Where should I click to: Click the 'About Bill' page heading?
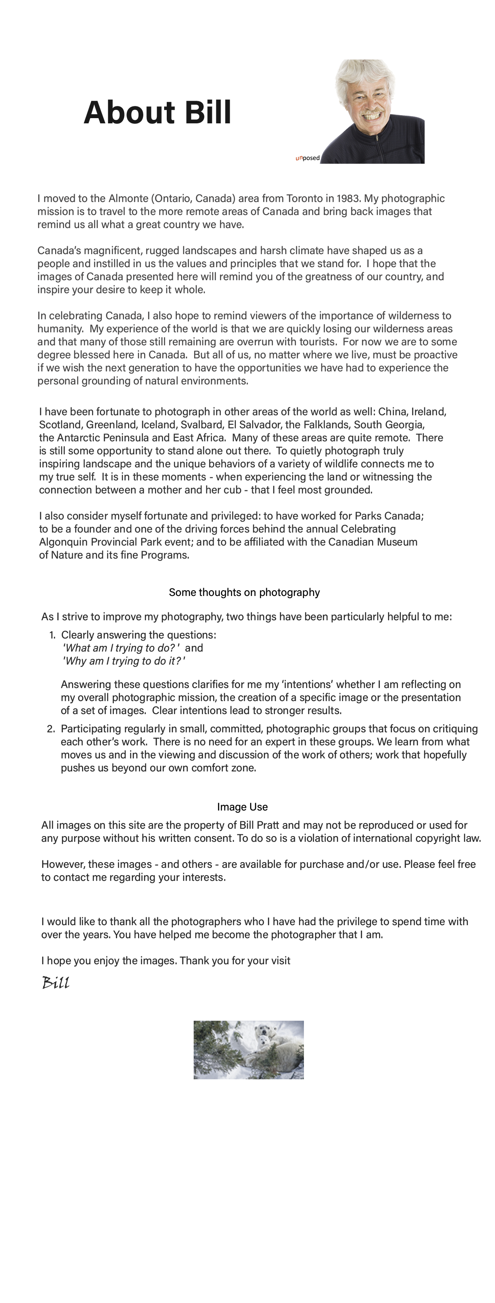tap(157, 112)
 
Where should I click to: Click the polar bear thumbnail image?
tap(248, 1050)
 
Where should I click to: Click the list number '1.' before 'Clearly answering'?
tap(52, 635)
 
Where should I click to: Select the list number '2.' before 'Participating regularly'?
tap(51, 729)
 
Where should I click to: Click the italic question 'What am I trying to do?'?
tap(121, 648)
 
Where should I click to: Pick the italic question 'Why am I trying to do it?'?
tap(124, 661)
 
